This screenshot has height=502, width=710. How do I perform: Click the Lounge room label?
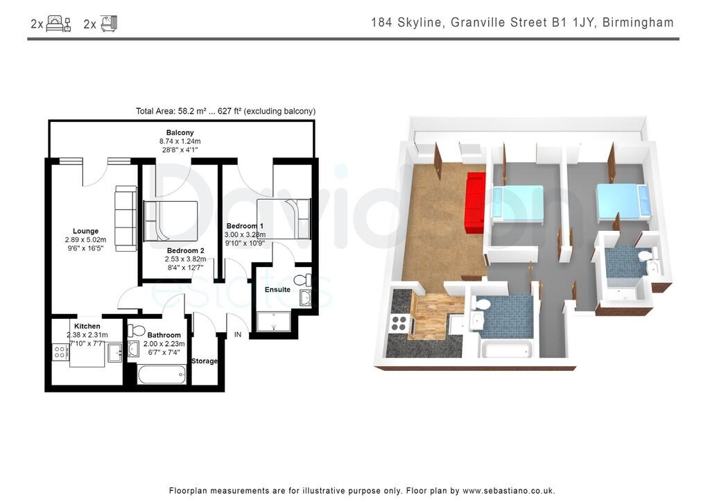[x=85, y=231]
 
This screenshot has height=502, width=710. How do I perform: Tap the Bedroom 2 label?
[x=185, y=250]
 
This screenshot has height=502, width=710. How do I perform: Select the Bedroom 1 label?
[x=245, y=226]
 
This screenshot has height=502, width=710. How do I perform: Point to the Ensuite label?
[x=277, y=289]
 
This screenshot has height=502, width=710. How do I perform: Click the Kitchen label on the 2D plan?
[x=87, y=326]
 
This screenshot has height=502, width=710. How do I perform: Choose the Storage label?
[x=205, y=361]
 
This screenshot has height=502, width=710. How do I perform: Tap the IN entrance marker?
[x=238, y=335]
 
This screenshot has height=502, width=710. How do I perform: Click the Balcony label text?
[x=180, y=132]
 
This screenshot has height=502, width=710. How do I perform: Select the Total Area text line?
[x=225, y=111]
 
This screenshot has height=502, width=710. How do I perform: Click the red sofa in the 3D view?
[x=475, y=203]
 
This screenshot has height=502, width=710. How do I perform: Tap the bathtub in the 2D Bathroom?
[x=162, y=375]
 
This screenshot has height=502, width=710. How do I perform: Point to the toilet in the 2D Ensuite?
[x=302, y=280]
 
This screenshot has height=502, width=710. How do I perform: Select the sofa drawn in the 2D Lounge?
[x=125, y=218]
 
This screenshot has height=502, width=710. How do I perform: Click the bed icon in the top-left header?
[x=58, y=24]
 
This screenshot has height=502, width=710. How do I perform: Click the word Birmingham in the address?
[x=638, y=23]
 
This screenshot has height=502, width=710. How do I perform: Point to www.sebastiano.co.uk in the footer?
[x=508, y=490]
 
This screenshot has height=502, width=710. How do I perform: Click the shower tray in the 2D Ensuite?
[x=275, y=321]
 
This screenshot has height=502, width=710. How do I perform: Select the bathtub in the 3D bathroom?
[x=506, y=349]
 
